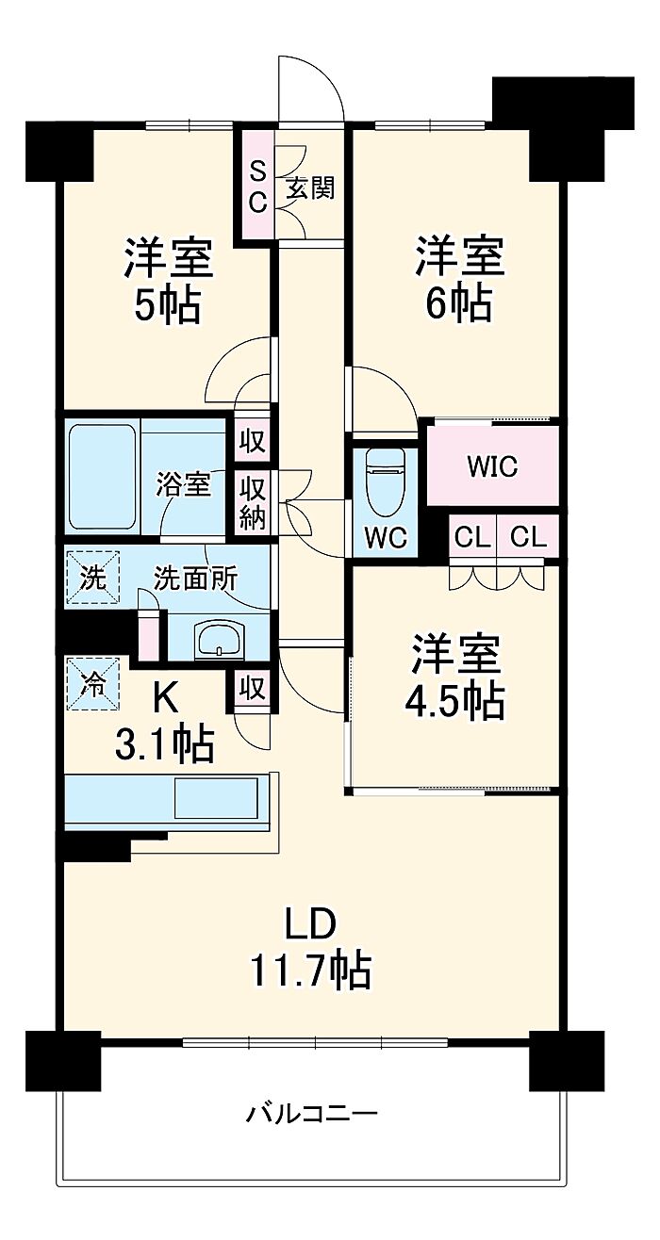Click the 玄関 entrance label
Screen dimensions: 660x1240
(310, 188)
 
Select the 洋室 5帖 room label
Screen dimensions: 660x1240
(168, 280)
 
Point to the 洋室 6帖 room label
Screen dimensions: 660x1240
(459, 280)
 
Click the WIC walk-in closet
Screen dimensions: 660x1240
(492, 465)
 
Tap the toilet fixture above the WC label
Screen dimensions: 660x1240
(386, 481)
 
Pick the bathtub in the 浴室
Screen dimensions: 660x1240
(103, 478)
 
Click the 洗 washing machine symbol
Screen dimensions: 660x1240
(93, 578)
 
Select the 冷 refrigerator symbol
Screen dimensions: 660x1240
(93, 683)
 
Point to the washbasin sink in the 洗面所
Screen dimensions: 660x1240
(220, 639)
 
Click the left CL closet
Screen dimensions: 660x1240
(471, 536)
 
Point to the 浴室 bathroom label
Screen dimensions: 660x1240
(184, 483)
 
